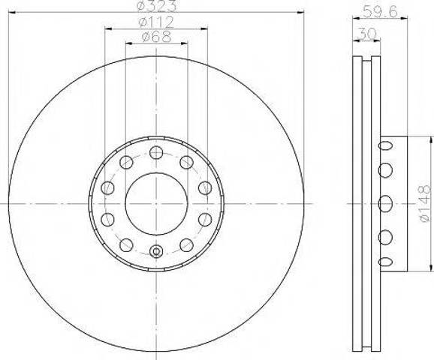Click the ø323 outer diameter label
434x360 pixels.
[155, 7]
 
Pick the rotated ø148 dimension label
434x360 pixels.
[423, 202]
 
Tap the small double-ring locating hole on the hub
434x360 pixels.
[155, 252]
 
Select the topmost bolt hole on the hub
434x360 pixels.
[155, 153]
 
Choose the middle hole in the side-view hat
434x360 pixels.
[386, 202]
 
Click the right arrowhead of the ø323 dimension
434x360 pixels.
[304, 13]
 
